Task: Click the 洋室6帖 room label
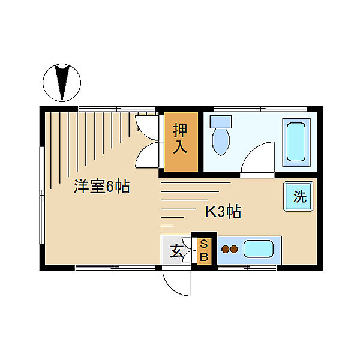click(x=101, y=187)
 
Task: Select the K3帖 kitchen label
click(x=223, y=212)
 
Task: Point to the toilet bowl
click(x=221, y=141)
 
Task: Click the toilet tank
click(x=220, y=121)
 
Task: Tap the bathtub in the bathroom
click(x=296, y=142)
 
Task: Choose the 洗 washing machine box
click(x=299, y=196)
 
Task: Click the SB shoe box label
click(x=204, y=250)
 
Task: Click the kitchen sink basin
click(x=259, y=248)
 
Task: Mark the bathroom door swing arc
click(x=256, y=157)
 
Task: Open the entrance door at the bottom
click(x=176, y=280)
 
